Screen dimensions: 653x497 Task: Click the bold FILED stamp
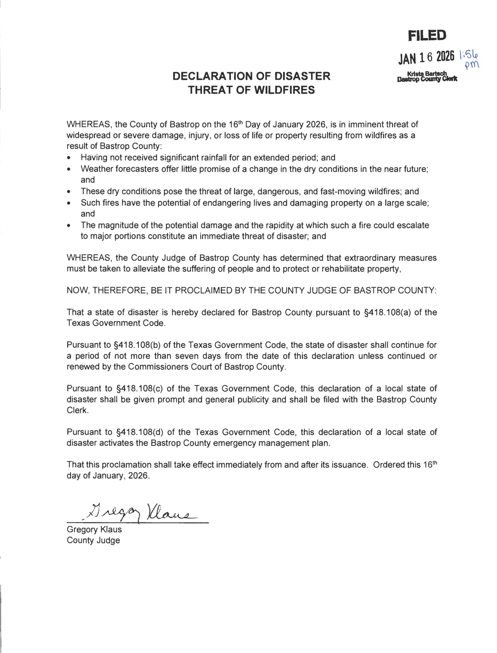point(427,36)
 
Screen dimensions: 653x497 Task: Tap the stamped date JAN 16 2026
point(426,57)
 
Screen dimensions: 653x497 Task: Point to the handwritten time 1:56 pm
point(469,59)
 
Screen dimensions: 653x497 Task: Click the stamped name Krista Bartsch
point(427,74)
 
